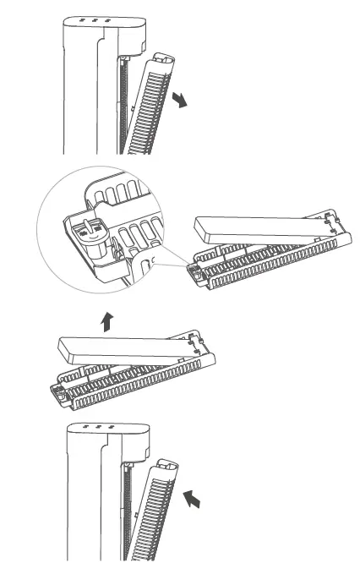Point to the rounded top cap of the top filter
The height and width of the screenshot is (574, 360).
(x=162, y=60)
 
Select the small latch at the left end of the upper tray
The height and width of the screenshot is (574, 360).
(x=194, y=272)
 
